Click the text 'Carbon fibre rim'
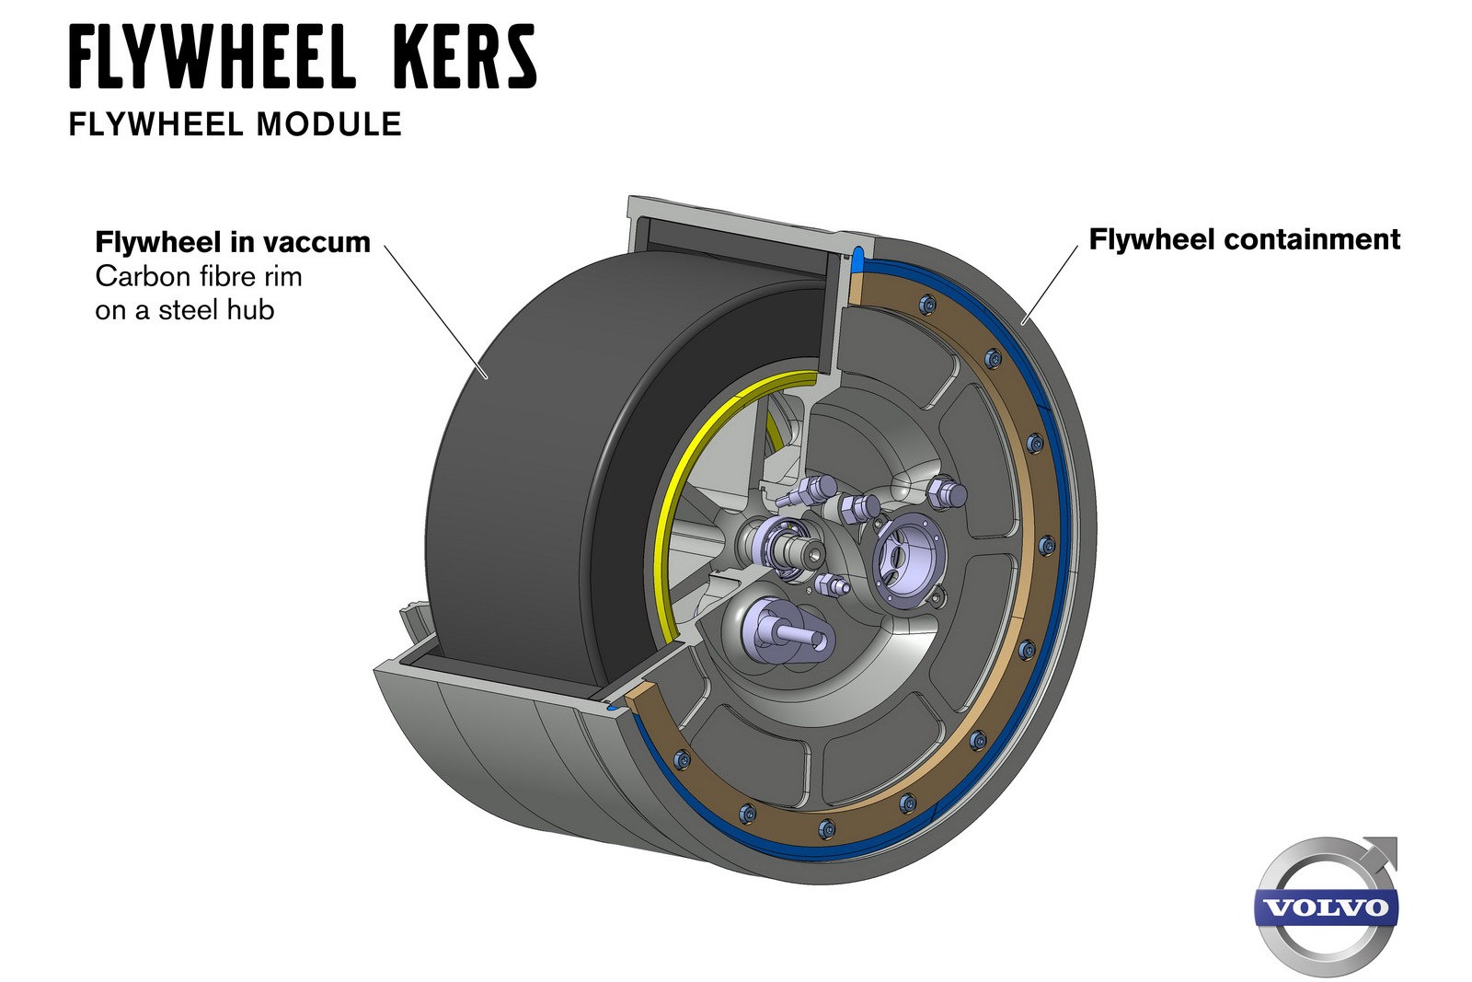coord(199,276)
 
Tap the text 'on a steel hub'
coord(185,309)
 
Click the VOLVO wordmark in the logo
coord(1326,907)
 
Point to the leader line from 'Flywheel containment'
coord(1050,285)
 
